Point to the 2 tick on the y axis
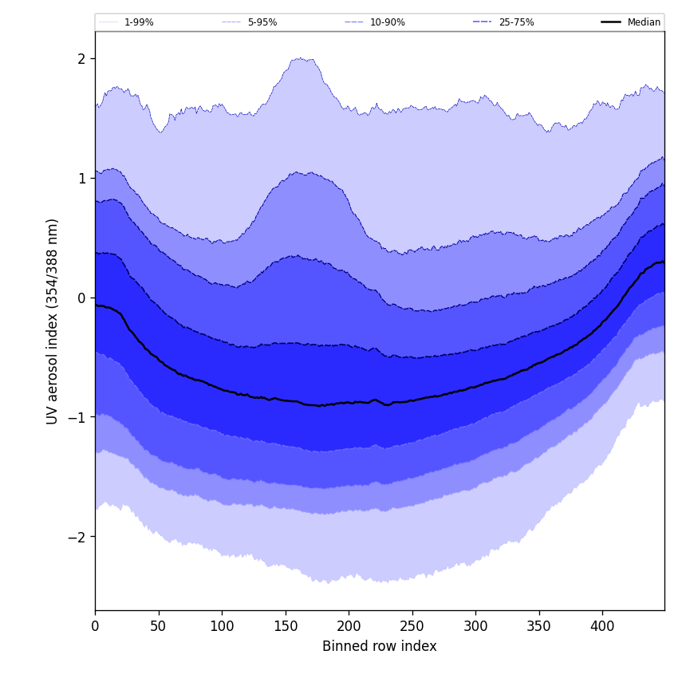point(81,58)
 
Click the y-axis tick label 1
point(81,178)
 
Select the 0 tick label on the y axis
point(81,298)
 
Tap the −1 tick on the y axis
point(78,417)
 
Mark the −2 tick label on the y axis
point(78,537)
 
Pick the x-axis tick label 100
point(222,626)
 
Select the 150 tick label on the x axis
point(286,626)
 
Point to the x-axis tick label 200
point(349,626)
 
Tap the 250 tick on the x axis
point(412,626)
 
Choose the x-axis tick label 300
point(475,626)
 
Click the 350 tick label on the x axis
point(539,626)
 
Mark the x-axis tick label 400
point(602,626)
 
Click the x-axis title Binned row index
point(380,646)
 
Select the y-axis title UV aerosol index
point(53,321)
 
